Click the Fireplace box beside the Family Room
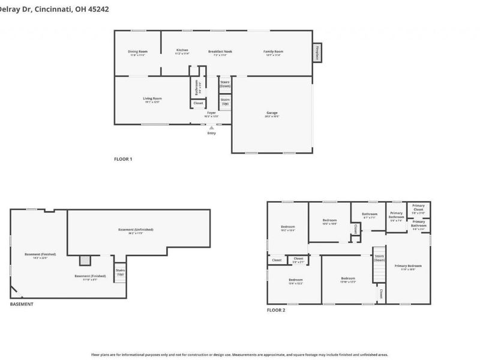click(317, 53)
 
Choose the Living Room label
click(152, 100)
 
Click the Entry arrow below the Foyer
click(211, 127)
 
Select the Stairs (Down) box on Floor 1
click(225, 83)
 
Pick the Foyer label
click(211, 113)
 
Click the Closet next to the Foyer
click(197, 104)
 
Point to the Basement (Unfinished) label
click(136, 230)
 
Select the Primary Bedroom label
click(408, 266)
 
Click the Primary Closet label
click(418, 210)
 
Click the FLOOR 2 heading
click(276, 311)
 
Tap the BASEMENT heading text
click(22, 304)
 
